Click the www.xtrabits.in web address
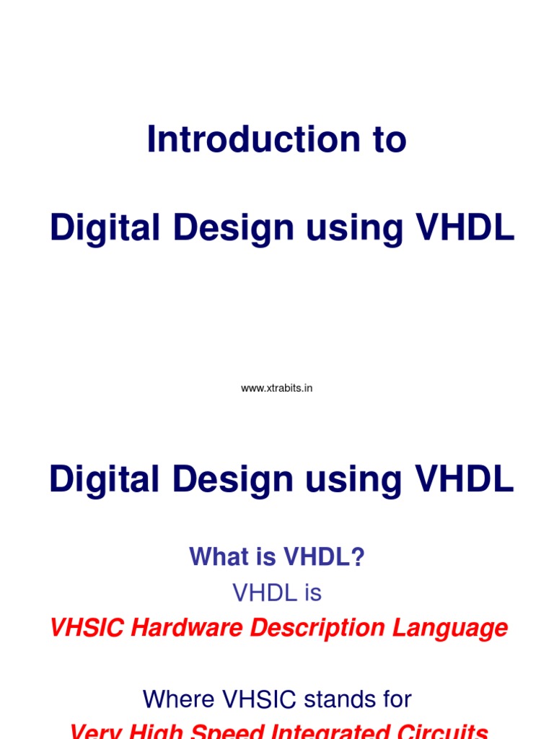tap(276, 388)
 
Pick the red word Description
tap(316, 628)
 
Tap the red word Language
tap(449, 628)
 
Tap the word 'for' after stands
tap(397, 699)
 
